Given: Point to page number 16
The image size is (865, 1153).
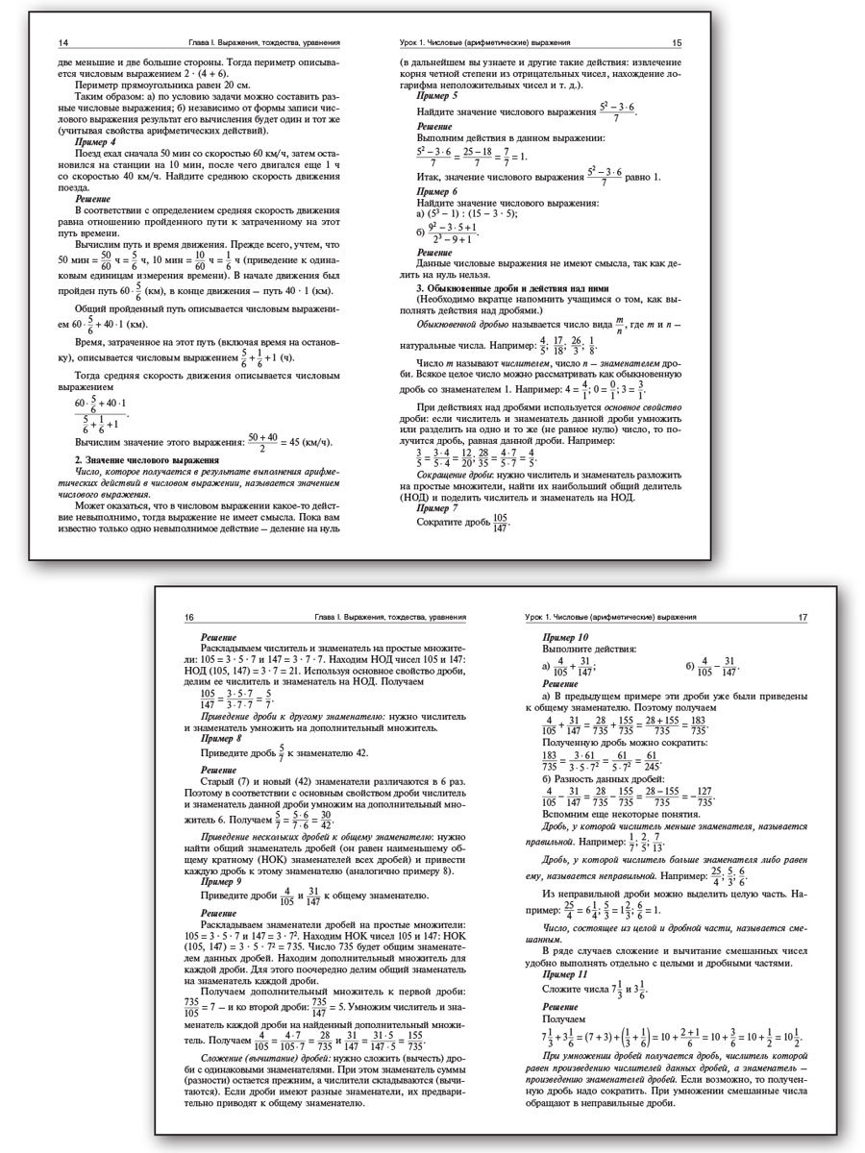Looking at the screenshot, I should pyautogui.click(x=188, y=617).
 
